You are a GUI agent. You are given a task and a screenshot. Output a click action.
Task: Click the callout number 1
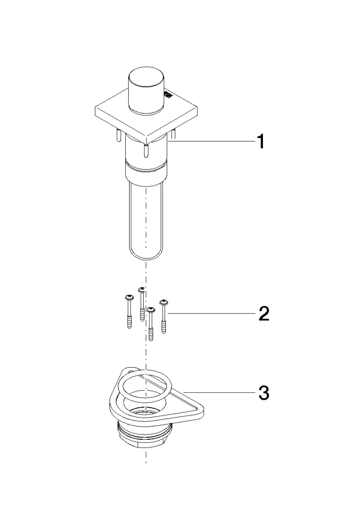point(261,142)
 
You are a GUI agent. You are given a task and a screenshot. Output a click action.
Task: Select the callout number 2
point(263,314)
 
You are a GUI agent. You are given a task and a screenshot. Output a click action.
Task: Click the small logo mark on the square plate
point(167,94)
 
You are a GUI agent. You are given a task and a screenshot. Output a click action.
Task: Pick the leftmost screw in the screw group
point(129,312)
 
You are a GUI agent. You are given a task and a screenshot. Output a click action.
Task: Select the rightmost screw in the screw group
point(164,317)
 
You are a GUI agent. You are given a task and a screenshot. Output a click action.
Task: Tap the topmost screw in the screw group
point(141,304)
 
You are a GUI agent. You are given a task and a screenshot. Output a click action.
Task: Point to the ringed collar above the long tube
point(147,172)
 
